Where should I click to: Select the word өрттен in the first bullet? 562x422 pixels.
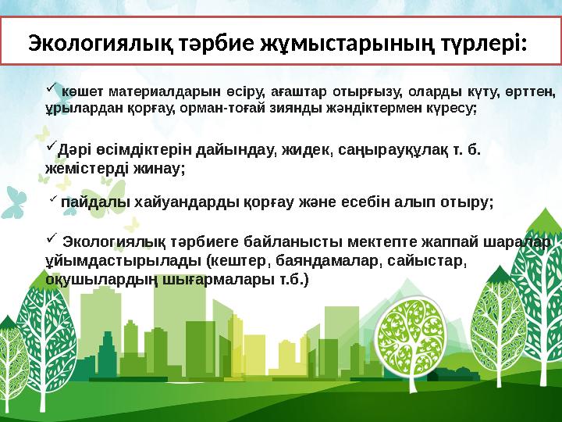click(x=537, y=93)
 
